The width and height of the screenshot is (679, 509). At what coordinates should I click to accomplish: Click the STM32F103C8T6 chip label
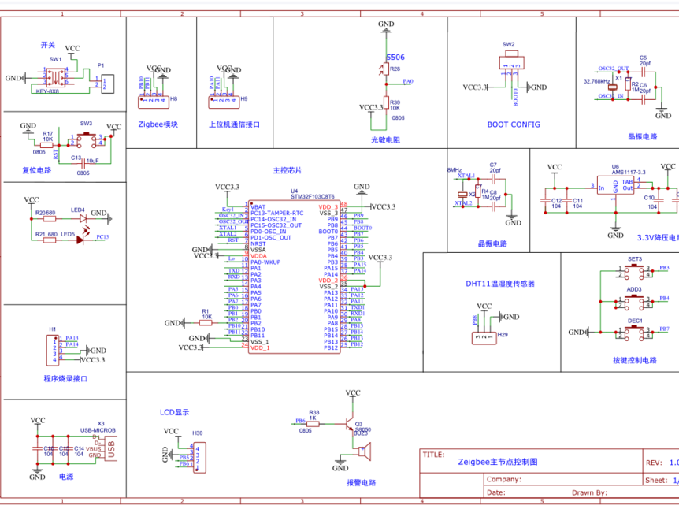313,196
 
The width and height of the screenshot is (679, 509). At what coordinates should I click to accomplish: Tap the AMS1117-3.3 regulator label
629,172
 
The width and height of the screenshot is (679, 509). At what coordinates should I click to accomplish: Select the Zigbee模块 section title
158,124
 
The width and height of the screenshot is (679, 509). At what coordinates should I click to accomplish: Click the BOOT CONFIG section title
514,124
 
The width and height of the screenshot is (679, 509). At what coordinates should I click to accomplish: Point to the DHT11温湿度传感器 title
500,283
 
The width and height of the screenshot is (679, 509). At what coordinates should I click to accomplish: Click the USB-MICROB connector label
98,430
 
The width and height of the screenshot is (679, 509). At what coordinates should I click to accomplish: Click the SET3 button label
634,259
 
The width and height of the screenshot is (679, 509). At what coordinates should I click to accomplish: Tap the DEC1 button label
634,321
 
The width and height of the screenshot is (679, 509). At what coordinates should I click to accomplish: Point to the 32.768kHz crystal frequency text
596,81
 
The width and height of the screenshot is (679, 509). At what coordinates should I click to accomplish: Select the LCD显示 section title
174,412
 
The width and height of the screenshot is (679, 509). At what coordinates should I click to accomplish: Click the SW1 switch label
55,59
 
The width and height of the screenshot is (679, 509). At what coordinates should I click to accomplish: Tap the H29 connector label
503,335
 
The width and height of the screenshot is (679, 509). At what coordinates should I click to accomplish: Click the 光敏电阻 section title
386,139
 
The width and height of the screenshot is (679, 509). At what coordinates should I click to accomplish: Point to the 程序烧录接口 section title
66,378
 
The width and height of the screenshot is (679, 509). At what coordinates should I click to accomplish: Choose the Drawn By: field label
589,492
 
